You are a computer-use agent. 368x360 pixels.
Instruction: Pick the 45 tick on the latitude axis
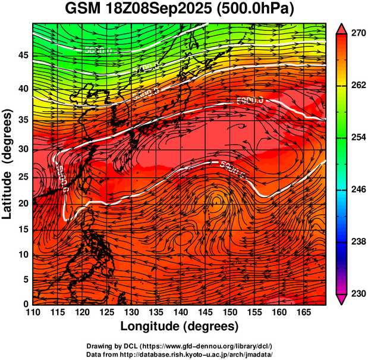pyautogui.click(x=24, y=55)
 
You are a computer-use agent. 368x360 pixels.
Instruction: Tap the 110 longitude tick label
pyautogui.click(x=33, y=312)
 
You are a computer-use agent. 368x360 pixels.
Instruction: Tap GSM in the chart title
pyautogui.click(x=83, y=10)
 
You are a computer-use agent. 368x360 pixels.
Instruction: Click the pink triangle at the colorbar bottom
pyautogui.click(x=342, y=301)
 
